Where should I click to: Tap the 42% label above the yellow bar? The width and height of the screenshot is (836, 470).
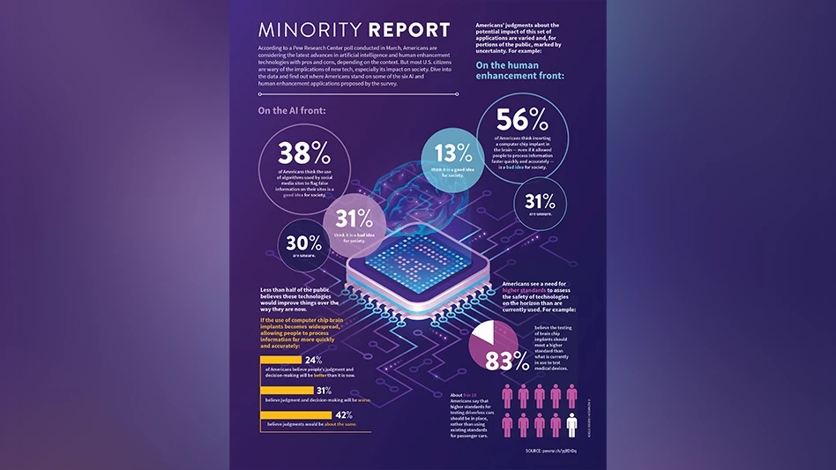(x=344, y=414)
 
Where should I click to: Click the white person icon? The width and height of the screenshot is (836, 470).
(x=572, y=427)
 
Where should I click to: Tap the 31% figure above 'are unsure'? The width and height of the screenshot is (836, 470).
(x=539, y=200)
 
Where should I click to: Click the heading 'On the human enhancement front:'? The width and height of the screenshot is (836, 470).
(x=520, y=71)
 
